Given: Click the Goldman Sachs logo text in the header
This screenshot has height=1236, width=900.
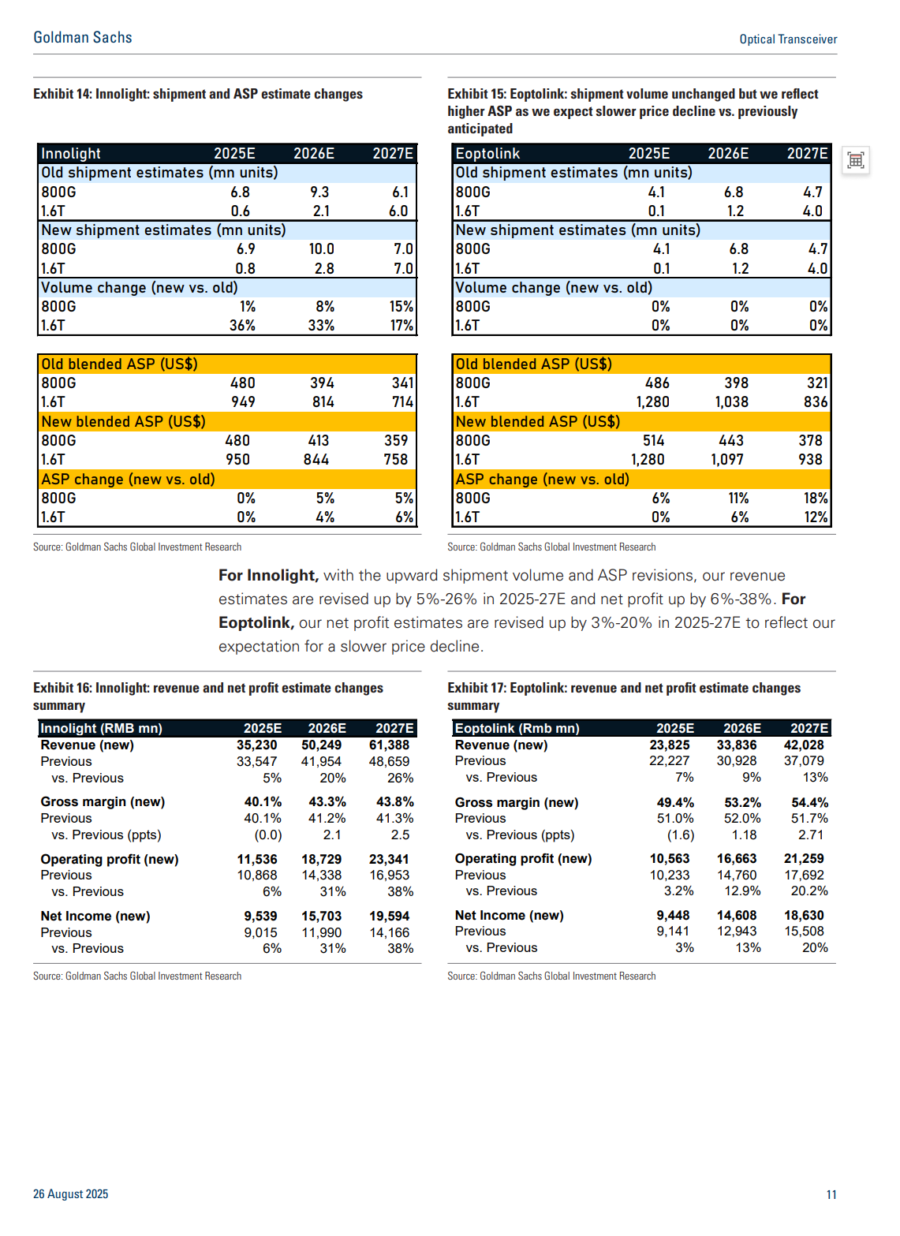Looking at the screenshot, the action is [83, 38].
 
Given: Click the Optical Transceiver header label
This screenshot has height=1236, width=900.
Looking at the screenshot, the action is [788, 39].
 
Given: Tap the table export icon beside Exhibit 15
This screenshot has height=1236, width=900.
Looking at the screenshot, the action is [855, 161].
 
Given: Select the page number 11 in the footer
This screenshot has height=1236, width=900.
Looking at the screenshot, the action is [831, 1194].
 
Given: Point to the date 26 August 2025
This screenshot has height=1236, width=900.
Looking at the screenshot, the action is [71, 1193].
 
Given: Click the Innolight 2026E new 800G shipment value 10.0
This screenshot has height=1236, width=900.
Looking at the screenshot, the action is [321, 248].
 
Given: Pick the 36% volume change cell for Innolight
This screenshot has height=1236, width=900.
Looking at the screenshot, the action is [242, 326].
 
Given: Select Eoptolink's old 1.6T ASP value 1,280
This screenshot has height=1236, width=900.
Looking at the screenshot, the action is [652, 401].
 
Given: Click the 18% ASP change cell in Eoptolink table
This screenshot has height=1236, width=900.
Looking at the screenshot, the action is [816, 499].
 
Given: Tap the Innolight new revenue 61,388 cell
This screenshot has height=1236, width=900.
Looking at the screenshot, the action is [389, 745].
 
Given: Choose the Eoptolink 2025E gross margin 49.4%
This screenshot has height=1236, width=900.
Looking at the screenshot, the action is [675, 802].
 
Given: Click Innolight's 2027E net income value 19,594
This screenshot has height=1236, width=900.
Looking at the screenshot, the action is [389, 916].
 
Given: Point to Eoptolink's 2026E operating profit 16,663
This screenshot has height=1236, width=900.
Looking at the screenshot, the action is [736, 859].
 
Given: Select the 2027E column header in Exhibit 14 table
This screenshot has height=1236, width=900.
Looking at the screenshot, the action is [392, 153].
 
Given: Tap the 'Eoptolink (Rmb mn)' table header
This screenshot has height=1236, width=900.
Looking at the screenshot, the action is [517, 728].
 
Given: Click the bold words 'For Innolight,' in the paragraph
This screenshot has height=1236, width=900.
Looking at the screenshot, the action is [269, 576].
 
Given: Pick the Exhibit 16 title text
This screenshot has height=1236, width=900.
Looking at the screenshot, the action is [208, 696].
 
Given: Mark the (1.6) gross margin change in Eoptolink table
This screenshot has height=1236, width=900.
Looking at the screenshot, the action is [681, 835].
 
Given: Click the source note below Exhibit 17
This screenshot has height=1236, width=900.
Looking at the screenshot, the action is [551, 976].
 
